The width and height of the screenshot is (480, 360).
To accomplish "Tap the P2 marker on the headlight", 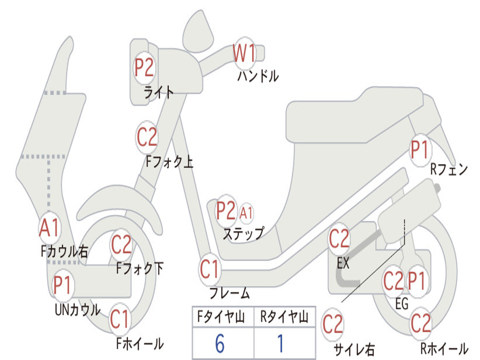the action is point(144,68).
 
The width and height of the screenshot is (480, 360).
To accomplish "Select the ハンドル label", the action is point(257,75).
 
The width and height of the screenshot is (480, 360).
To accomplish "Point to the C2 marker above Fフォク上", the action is point(147,137).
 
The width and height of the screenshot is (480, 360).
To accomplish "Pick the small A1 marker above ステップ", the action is point(246,213).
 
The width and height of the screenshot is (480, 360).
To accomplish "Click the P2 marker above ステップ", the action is point(225,211).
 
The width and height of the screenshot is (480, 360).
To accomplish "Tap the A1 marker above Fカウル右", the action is point(49,228).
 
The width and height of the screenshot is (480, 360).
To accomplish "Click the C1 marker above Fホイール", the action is point(120,320).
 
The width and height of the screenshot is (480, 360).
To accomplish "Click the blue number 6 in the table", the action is point(220,344).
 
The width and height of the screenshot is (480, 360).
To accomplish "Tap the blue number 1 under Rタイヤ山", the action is point(280,344).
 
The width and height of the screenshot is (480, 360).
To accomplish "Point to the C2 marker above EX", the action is point(339,239).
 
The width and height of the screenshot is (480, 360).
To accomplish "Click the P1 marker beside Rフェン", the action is point(420,150).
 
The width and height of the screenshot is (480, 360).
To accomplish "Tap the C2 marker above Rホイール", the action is point(420,323).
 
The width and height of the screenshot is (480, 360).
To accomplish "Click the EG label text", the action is point(402,304).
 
